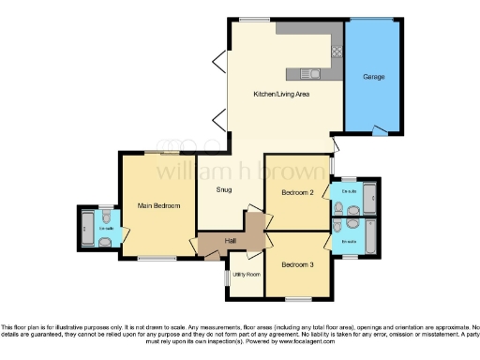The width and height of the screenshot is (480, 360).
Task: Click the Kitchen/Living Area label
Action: [282, 95]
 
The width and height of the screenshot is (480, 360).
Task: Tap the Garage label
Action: [376, 77]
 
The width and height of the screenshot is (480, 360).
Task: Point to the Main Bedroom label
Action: [158, 204]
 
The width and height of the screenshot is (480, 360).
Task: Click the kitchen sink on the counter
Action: [312, 72]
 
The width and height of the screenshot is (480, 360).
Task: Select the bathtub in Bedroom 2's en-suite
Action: [368, 198]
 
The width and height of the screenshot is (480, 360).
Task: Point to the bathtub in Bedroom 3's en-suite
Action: [368, 235]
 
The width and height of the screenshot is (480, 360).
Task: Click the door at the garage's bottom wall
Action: [381, 130]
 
